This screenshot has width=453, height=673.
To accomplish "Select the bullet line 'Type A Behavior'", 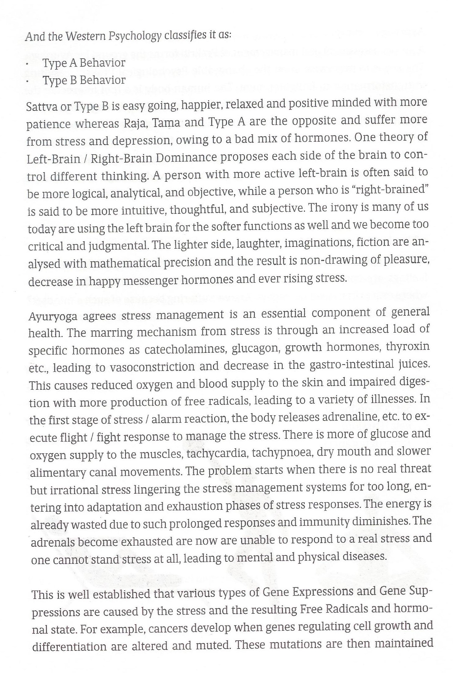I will coord(84,63).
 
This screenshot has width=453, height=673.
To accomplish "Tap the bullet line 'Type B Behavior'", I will coord(84,80).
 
